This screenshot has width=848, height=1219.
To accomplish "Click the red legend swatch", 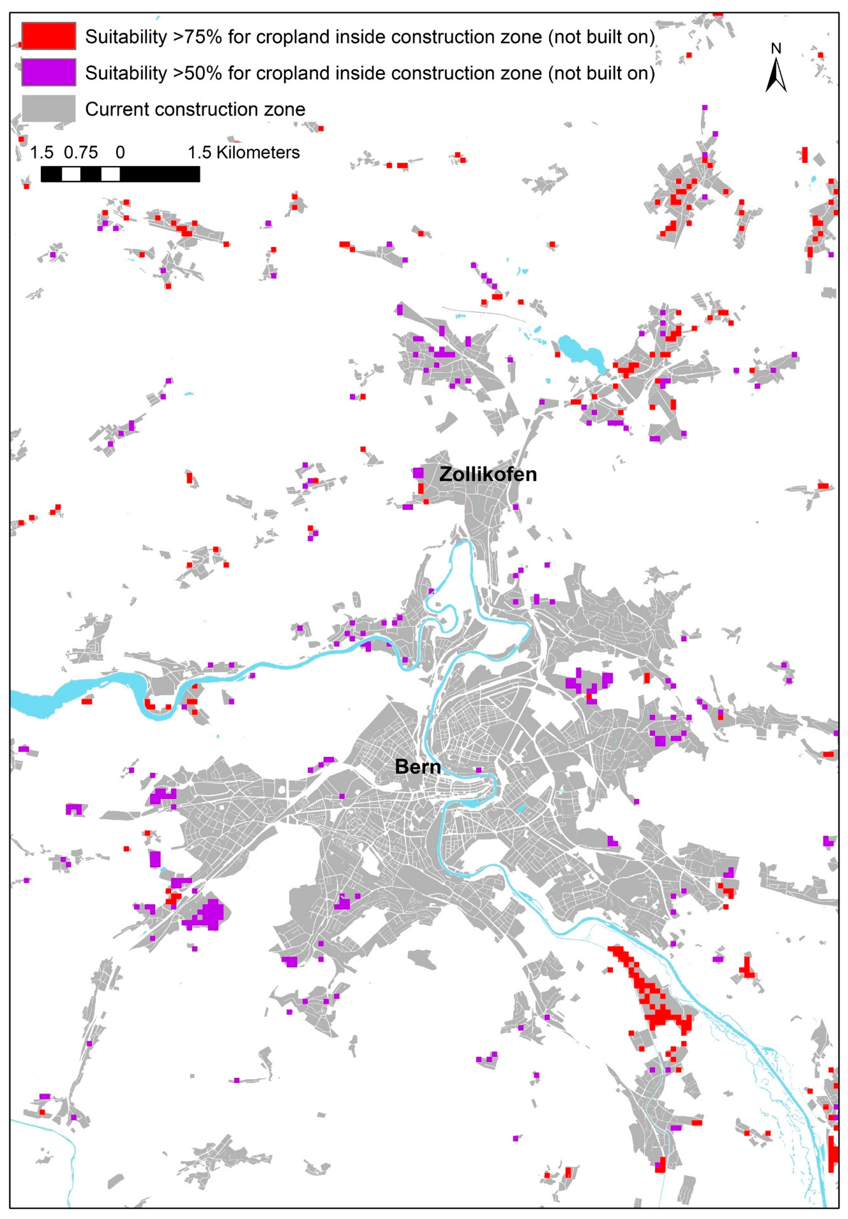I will click(48, 37).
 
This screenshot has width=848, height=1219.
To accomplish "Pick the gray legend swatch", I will click(48, 109).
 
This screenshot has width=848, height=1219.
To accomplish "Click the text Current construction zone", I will click(195, 109).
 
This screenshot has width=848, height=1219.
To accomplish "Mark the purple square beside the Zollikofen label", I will click(418, 473).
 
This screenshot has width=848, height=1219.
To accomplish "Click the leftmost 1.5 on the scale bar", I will click(41, 153).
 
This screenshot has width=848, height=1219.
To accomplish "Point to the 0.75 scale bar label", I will click(81, 153).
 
